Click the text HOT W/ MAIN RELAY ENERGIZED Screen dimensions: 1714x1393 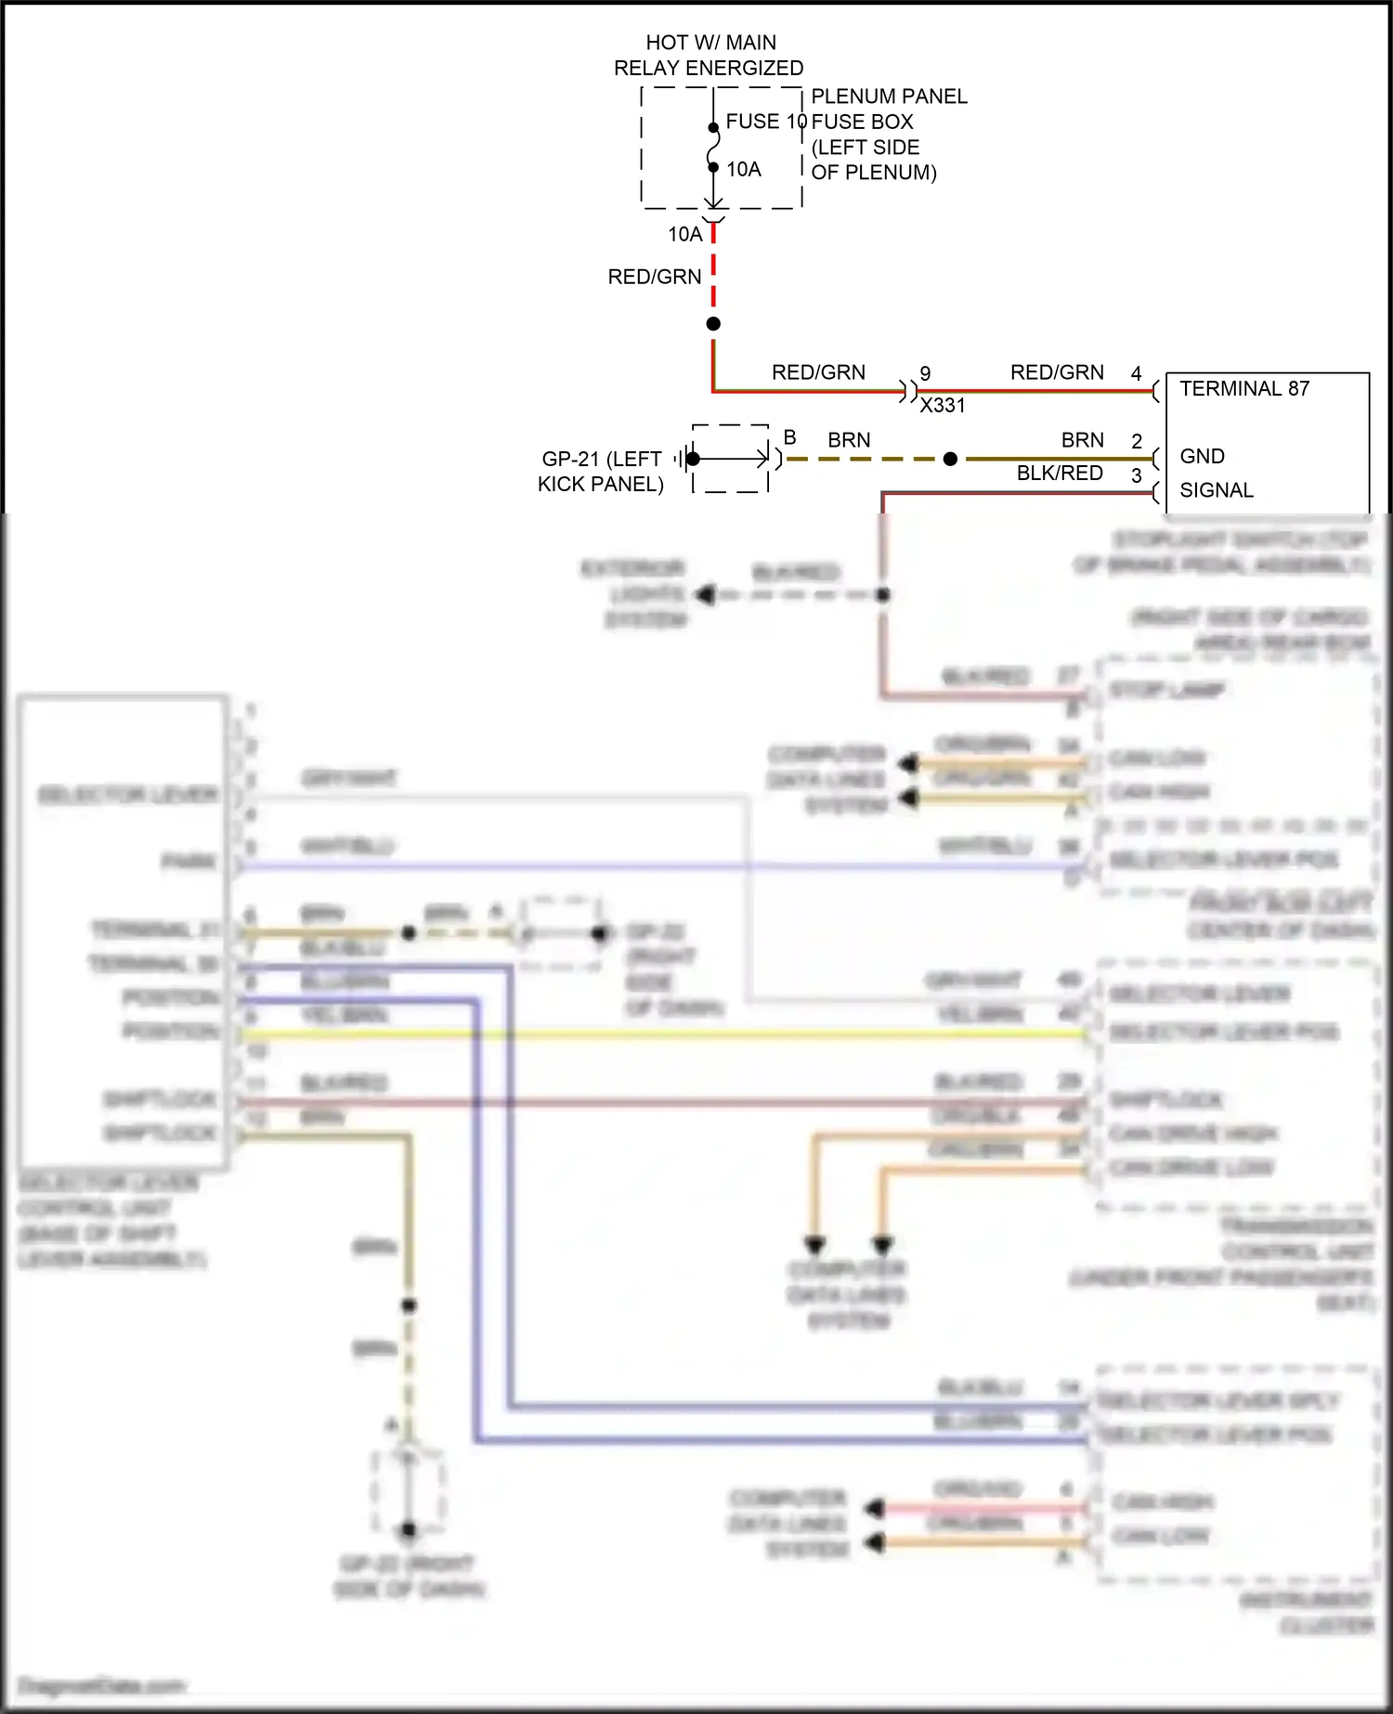pyautogui.click(x=710, y=56)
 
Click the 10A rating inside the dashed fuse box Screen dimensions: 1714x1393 pyautogui.click(x=744, y=169)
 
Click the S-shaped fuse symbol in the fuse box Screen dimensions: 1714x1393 pyautogui.click(x=713, y=148)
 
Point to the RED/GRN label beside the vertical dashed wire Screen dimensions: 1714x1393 pyautogui.click(x=655, y=277)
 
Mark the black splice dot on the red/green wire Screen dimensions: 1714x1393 pyautogui.click(x=713, y=324)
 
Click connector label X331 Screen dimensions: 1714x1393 pyautogui.click(x=942, y=406)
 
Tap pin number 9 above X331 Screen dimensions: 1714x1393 pyautogui.click(x=925, y=373)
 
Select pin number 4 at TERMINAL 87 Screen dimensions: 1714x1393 pyautogui.click(x=1136, y=373)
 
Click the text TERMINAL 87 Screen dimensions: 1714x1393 pyautogui.click(x=1244, y=389)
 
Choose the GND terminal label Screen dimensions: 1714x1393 pyautogui.click(x=1202, y=457)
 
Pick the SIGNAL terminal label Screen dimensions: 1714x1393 pyautogui.click(x=1216, y=490)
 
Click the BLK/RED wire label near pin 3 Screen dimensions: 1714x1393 pyautogui.click(x=1059, y=474)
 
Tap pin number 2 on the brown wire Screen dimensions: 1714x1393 pyautogui.click(x=1136, y=441)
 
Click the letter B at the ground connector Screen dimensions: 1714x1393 pyautogui.click(x=789, y=437)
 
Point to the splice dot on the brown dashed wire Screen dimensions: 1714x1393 pyautogui.click(x=950, y=459)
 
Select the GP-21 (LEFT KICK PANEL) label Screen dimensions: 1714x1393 pyautogui.click(x=601, y=472)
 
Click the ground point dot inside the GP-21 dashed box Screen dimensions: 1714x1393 pyautogui.click(x=694, y=459)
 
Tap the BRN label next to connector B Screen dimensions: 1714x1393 pyautogui.click(x=849, y=440)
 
